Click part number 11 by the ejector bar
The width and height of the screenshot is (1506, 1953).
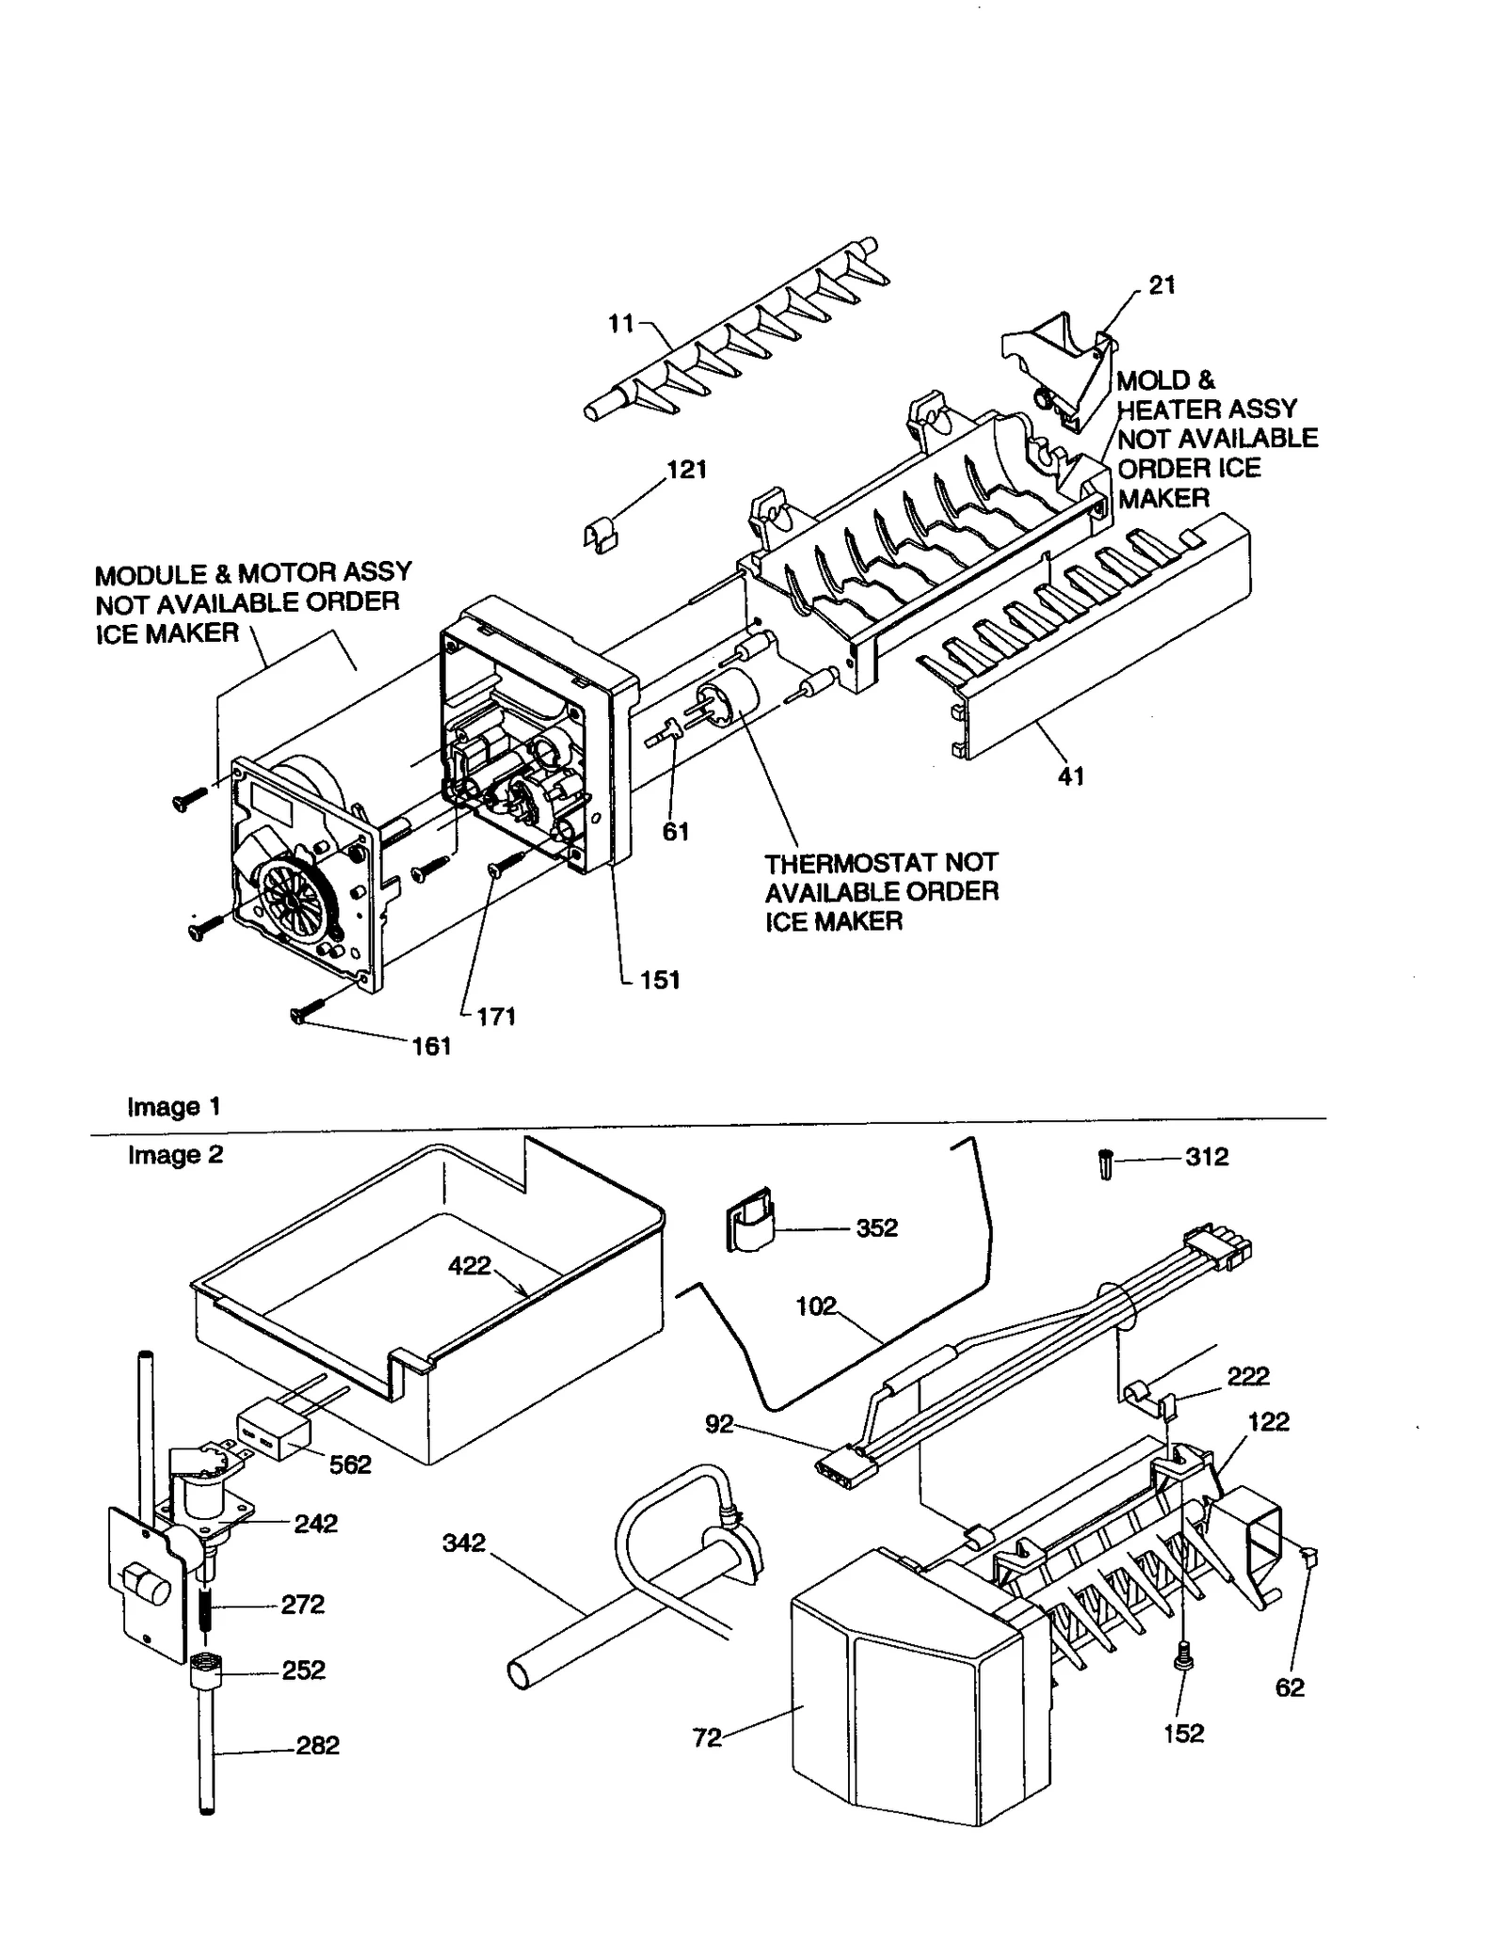tap(621, 324)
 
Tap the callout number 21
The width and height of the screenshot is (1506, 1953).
tap(1162, 285)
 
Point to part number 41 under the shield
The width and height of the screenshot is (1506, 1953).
tap(1071, 776)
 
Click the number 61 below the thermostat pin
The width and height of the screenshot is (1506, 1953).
tap(676, 831)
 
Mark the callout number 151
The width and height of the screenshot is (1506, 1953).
tap(659, 980)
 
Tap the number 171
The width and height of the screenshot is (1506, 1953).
tap(495, 1017)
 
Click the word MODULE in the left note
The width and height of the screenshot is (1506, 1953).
tap(151, 574)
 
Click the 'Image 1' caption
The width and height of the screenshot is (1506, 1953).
tap(174, 1107)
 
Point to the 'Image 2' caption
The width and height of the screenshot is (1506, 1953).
tap(175, 1155)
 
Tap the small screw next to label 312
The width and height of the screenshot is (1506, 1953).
tap(1106, 1166)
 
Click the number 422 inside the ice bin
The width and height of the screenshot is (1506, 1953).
tap(470, 1265)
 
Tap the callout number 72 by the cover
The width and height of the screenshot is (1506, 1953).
tap(706, 1738)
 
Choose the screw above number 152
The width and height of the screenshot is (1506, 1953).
tap(1185, 1663)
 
